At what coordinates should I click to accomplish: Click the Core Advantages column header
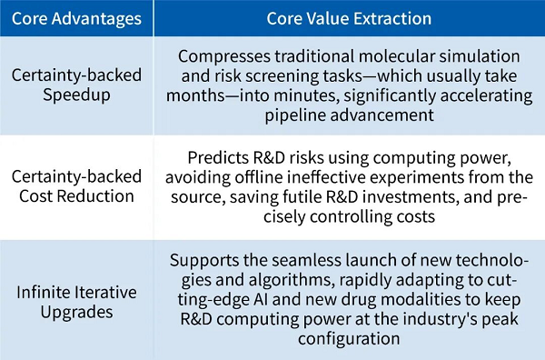76,18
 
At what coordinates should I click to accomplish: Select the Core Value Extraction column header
349,18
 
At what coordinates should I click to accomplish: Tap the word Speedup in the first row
76,95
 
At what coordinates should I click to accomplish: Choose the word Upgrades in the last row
76,312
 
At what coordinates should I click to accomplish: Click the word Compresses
224,56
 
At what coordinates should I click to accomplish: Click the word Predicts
218,157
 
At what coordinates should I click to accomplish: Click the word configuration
349,339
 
